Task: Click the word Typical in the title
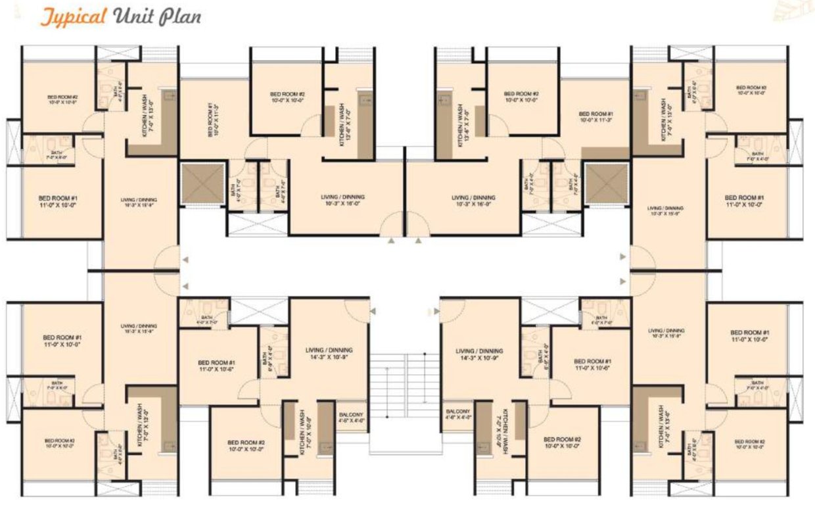(74, 16)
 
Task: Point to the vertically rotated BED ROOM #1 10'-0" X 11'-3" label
(212, 119)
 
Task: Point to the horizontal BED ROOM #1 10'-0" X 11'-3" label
(596, 116)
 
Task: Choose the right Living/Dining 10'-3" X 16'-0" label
(474, 200)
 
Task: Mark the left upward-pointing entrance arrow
(392, 241)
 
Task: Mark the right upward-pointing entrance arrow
(418, 241)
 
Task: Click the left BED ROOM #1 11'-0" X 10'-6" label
(216, 366)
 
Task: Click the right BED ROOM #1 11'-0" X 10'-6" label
(592, 365)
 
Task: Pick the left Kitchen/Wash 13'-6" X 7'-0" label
(344, 124)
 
